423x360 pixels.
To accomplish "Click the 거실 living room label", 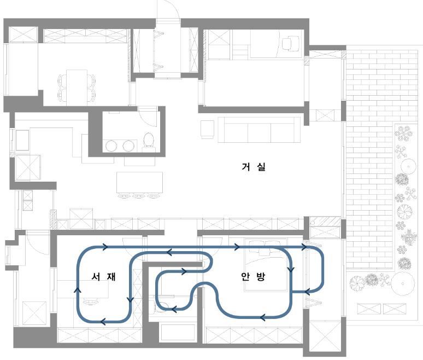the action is [x=254, y=167].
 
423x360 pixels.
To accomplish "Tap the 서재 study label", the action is [x=104, y=276].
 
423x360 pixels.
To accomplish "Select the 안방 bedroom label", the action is [x=253, y=276].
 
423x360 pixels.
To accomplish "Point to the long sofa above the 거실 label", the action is [x=259, y=130].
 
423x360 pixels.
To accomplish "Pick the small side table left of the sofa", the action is [x=208, y=129].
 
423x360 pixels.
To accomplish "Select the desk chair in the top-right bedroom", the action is [x=290, y=43].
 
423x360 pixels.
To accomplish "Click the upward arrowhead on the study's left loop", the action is [x=78, y=290].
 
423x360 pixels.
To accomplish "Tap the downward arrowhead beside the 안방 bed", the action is [x=291, y=269].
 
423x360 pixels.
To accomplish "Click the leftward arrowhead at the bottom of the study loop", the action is [x=103, y=321].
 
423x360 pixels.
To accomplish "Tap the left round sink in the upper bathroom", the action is [x=111, y=146].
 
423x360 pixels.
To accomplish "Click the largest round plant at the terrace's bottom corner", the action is [x=403, y=283].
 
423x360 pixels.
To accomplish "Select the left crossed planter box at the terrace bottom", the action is [x=369, y=309].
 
